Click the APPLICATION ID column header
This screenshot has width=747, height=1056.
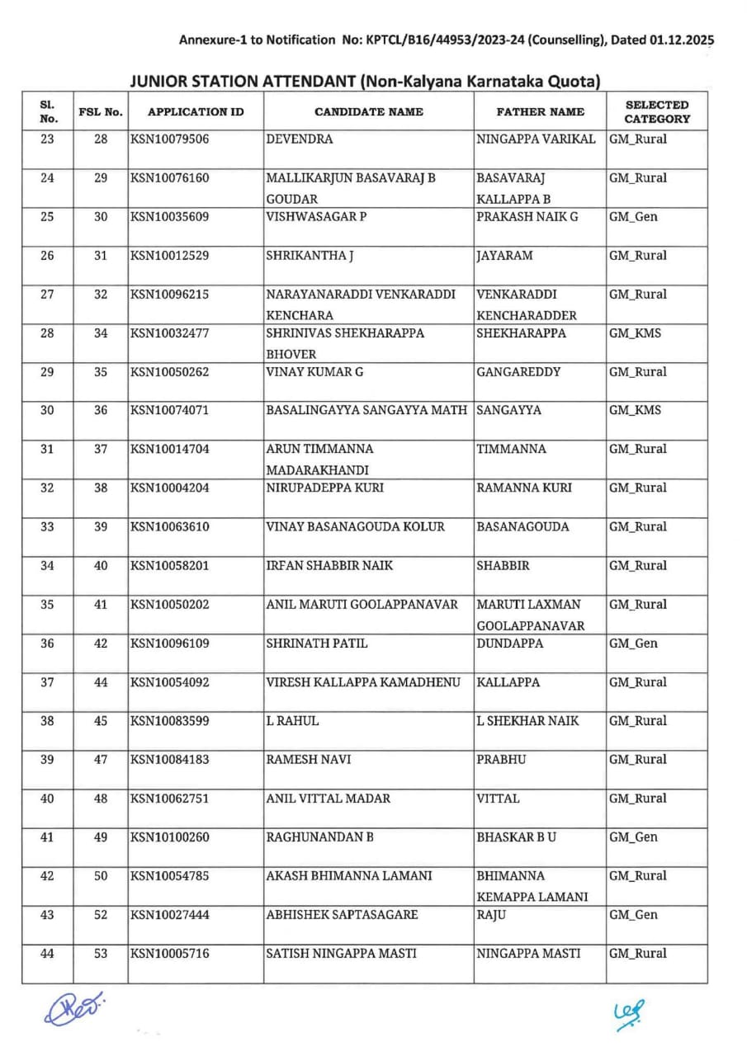196,111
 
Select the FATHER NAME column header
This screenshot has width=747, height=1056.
540,111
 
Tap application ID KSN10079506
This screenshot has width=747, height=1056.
170,139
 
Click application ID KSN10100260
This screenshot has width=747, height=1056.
170,837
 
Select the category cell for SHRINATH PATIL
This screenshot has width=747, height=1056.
633,643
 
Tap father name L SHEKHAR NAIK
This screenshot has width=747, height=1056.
527,721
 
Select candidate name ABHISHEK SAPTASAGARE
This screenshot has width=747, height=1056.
342,915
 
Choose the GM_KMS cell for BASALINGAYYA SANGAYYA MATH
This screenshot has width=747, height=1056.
635,411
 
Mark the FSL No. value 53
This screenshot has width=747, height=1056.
101,954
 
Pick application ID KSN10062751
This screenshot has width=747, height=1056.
170,799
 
